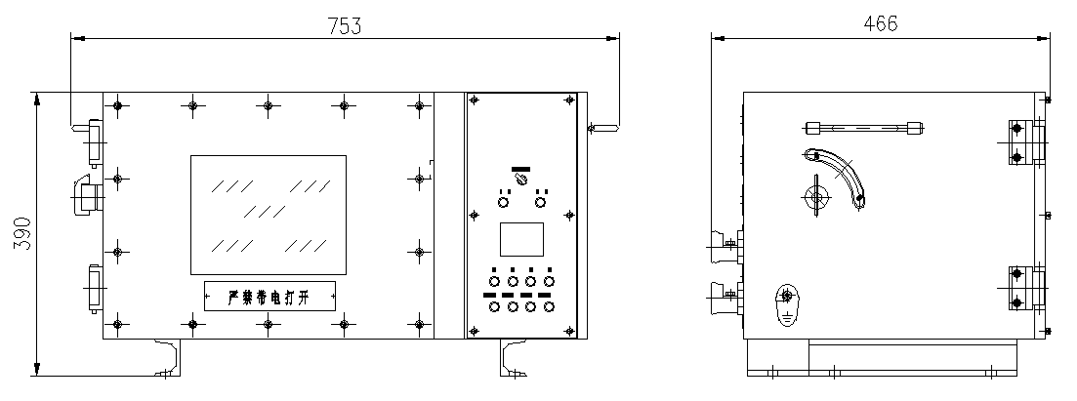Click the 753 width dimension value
[345, 26]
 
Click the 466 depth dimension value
[881, 23]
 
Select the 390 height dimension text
[21, 235]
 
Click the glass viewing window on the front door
[268, 213]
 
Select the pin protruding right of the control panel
[602, 126]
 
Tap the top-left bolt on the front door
[117, 105]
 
